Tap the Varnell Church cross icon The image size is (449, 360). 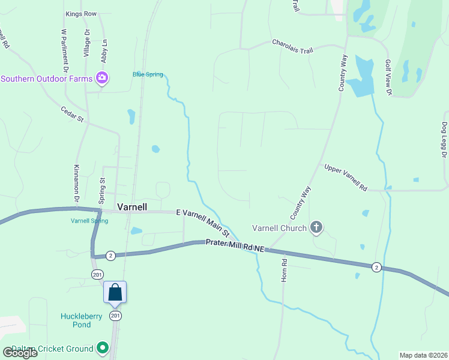coord(317,227)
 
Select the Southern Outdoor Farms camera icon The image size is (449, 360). coord(102,78)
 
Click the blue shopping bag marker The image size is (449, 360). coord(115,292)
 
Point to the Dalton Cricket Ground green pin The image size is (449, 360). coord(103,348)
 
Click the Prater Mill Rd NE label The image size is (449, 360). coord(235,244)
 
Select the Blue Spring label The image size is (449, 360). coord(147,74)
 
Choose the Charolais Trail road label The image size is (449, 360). coord(292,46)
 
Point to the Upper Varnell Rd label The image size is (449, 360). coord(345,178)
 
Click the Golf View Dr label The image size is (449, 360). coord(388,78)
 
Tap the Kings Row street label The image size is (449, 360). coord(82,13)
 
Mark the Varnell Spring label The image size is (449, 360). coord(89,221)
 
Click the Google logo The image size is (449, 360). coord(20,352)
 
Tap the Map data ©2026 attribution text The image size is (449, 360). coord(423,355)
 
